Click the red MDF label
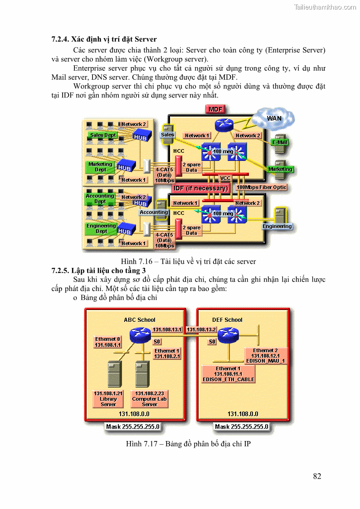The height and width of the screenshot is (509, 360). (216, 109)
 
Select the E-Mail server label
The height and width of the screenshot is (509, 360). (280, 142)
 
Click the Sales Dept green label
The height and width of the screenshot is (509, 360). (103, 135)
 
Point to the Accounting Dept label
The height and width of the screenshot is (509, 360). (100, 199)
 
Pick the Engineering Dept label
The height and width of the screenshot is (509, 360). (102, 228)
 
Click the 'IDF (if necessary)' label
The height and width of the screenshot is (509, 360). (200, 188)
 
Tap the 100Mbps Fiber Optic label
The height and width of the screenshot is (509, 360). (262, 187)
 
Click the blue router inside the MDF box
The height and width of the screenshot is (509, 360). (223, 125)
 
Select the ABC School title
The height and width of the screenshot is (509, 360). (140, 320)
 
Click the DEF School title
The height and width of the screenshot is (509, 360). (227, 320)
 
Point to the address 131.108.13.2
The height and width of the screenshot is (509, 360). (202, 330)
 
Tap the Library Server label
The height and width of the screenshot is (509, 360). (108, 399)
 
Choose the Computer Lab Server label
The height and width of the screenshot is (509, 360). (149, 399)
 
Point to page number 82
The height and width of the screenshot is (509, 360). (317, 476)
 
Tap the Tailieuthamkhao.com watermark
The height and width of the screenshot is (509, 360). (325, 7)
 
